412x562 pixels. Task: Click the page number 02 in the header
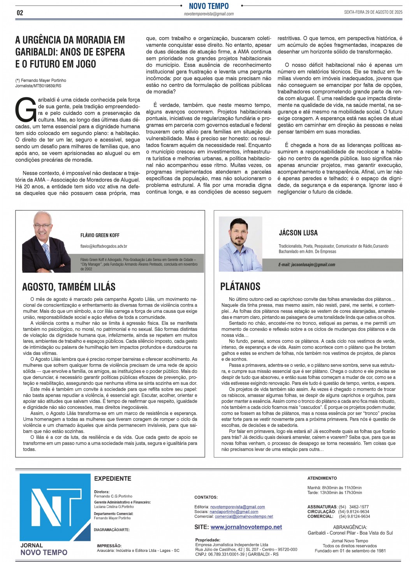tap(20, 13)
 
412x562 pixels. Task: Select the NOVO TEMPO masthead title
tap(209, 6)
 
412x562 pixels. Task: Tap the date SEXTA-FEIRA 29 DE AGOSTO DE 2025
tap(373, 12)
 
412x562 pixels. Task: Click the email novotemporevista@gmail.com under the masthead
tap(209, 14)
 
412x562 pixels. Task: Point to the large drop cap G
tap(25, 109)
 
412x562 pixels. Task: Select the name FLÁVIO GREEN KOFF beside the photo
tap(100, 235)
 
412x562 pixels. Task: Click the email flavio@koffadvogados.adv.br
tap(104, 246)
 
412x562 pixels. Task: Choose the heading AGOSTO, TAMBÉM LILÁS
tap(69, 287)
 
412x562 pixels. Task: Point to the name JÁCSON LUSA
tap(298, 233)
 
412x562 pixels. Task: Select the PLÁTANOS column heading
tap(240, 287)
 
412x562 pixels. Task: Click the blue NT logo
tap(55, 506)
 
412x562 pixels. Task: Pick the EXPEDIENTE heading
tap(113, 479)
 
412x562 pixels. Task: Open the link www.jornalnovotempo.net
tap(246, 527)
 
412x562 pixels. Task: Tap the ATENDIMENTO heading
tap(322, 478)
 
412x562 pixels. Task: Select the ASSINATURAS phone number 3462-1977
tap(359, 507)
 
